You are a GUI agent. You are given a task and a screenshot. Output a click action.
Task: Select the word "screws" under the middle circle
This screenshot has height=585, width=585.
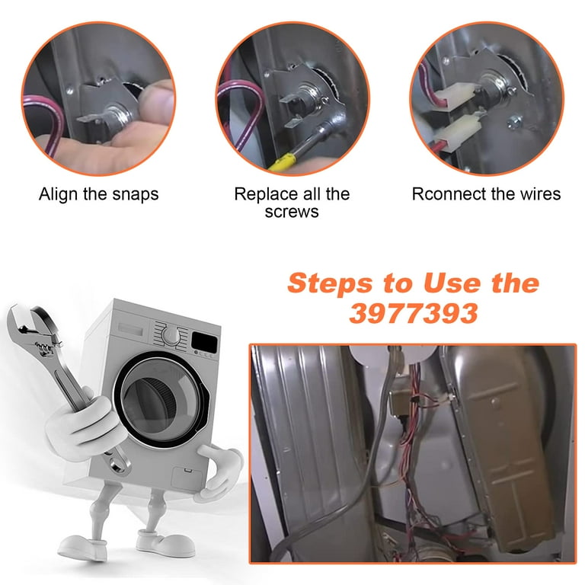(x=292, y=213)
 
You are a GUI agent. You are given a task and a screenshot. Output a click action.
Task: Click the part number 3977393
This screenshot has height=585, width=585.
(x=414, y=313)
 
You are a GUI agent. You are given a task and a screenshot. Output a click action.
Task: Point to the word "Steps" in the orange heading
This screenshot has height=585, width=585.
(x=330, y=283)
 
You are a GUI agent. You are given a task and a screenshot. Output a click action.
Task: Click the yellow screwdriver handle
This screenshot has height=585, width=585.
(x=283, y=163)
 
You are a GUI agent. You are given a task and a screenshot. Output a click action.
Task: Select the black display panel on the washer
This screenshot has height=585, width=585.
(x=204, y=342)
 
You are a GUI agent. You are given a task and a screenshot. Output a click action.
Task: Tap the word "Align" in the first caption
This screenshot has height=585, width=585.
(x=59, y=195)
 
